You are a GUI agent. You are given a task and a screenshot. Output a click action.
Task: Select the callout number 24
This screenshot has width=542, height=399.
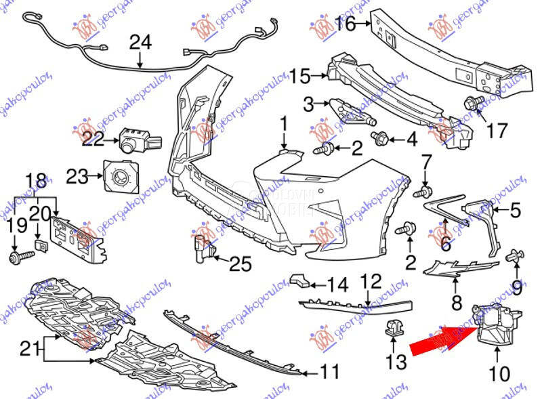point(140,42)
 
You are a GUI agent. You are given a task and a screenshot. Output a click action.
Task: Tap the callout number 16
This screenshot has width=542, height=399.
point(345,24)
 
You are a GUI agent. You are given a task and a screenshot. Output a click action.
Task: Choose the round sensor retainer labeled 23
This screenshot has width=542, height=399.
point(120,176)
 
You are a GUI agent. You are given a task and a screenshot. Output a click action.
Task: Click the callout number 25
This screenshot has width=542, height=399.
point(240,264)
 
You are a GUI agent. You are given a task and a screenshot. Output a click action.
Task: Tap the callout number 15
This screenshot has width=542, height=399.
point(300,75)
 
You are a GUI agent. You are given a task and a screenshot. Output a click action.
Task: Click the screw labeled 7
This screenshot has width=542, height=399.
point(424,192)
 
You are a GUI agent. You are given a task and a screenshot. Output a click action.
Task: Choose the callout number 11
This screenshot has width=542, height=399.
point(329,372)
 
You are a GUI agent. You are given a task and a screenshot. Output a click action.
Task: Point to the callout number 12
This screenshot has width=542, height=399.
point(371,280)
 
